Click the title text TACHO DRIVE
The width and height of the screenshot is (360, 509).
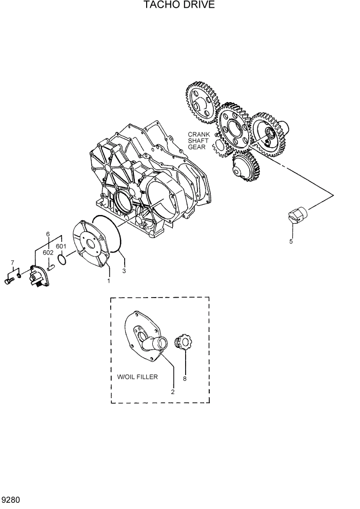click(179, 5)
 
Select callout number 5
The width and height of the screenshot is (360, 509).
click(291, 241)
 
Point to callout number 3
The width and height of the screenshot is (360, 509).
click(124, 270)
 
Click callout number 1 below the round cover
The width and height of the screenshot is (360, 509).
click(109, 281)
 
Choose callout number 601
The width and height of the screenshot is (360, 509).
click(62, 246)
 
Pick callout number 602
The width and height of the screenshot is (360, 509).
click(48, 252)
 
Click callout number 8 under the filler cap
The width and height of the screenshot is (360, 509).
click(185, 379)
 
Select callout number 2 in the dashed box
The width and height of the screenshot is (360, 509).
click(173, 391)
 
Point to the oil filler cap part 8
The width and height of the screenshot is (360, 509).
click(184, 343)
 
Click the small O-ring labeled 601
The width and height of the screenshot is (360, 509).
click(62, 261)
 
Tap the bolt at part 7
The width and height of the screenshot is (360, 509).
click(9, 281)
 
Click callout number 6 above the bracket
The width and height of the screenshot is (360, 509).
click(48, 234)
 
